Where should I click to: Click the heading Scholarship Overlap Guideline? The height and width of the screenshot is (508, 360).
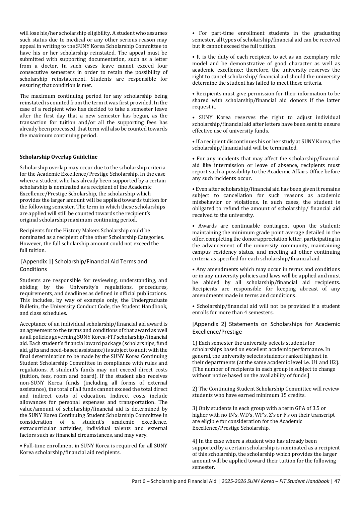coord(59,157)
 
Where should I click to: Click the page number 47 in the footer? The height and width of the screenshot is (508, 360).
coord(337,481)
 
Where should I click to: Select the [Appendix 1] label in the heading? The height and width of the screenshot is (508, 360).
coord(37,261)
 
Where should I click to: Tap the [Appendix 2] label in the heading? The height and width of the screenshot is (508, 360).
coord(209,324)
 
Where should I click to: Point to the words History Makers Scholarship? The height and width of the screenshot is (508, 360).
coord(91,231)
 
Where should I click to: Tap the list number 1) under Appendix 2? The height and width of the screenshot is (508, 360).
coord(195,343)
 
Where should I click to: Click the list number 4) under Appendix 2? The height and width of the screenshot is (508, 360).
coord(195,441)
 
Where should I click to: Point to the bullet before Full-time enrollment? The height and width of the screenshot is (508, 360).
coord(21,446)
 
